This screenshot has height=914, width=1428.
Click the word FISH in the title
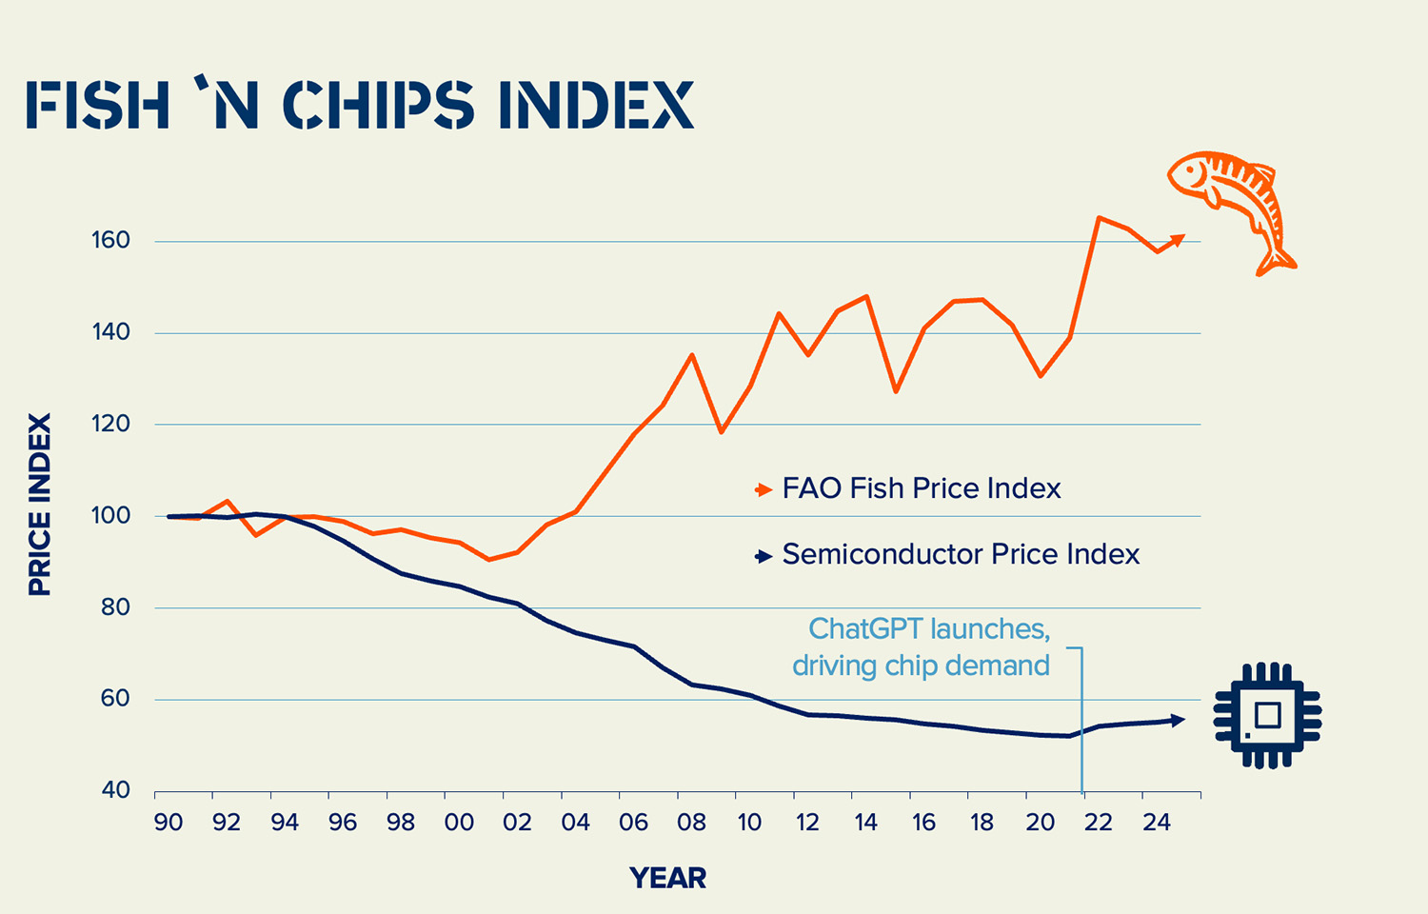(98, 105)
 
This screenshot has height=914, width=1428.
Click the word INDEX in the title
(597, 105)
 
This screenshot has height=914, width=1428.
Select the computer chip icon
(1267, 715)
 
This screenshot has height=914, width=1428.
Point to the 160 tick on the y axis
(110, 241)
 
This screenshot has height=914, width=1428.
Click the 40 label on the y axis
(115, 790)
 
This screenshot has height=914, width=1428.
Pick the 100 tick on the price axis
(110, 516)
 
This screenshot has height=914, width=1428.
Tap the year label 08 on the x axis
(692, 823)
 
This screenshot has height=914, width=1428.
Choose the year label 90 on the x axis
(169, 823)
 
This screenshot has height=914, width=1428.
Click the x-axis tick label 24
(1156, 823)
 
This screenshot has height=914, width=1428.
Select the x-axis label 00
(459, 823)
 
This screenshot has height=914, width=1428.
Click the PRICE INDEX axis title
(39, 505)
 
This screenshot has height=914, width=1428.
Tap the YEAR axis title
(667, 878)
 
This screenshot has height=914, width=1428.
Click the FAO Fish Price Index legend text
(921, 488)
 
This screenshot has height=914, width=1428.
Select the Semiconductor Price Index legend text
(960, 554)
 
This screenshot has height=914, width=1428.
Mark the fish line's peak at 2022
(1099, 218)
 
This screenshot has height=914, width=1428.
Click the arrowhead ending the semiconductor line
(1179, 720)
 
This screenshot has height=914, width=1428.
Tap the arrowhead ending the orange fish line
(1178, 238)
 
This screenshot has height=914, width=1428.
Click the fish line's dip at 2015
(895, 391)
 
